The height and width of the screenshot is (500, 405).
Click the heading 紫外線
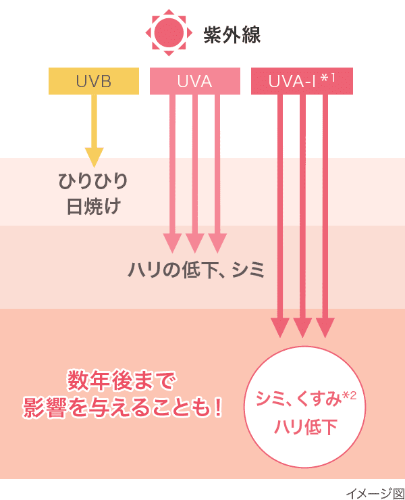[x=232, y=34]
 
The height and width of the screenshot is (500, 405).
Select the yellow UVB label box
[x=93, y=82]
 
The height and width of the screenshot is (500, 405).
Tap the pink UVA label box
[x=194, y=82]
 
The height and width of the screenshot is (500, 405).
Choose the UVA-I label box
[x=301, y=82]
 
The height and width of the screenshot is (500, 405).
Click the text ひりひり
[x=94, y=182]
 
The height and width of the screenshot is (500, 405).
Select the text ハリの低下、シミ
[x=196, y=271]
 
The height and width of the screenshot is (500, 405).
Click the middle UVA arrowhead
[x=194, y=242]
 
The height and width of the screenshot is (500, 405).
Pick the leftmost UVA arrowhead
[x=173, y=242]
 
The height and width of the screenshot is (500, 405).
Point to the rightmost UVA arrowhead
[x=217, y=242]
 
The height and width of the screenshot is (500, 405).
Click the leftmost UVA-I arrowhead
[x=280, y=327]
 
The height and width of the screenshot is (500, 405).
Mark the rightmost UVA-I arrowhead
[x=325, y=327]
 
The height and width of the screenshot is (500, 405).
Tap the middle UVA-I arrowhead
[x=302, y=327]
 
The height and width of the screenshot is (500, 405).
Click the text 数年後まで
[x=122, y=382]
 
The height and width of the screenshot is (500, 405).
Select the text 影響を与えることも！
[x=122, y=407]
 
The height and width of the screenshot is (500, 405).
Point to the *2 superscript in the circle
[x=349, y=395]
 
